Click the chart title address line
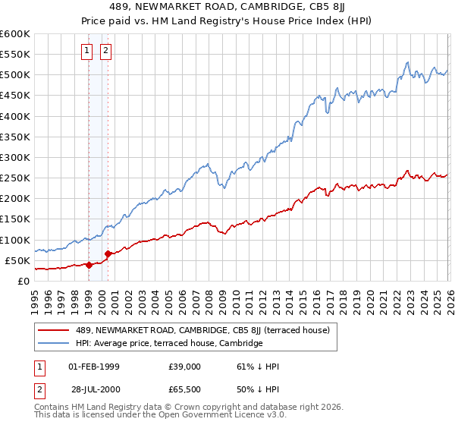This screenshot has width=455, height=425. (227, 8)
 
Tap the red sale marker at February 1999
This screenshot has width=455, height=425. (89, 265)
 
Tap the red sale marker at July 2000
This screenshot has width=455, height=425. (108, 253)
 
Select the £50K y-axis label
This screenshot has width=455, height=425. (17, 260)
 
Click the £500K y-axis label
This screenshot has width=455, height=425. (15, 75)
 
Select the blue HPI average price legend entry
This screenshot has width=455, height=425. (168, 343)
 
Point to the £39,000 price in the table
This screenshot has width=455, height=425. (184, 367)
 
